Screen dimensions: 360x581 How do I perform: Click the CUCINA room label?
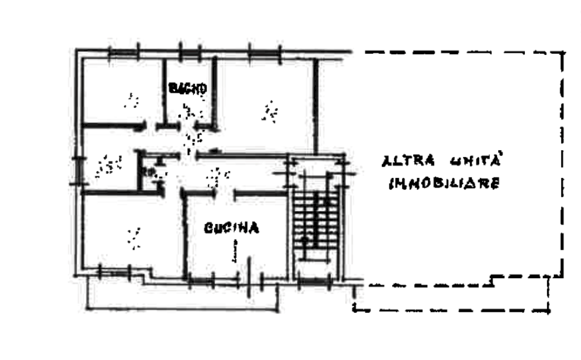(x=231, y=228)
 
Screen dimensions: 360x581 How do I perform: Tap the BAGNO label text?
(x=186, y=88)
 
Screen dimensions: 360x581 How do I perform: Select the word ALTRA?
(x=407, y=160)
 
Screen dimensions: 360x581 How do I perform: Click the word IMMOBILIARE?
(x=444, y=183)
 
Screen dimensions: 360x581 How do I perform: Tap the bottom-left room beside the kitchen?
(x=132, y=232)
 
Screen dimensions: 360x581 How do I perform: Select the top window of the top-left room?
(x=124, y=52)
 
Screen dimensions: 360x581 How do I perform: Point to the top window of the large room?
(x=264, y=52)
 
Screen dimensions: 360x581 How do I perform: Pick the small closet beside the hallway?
(x=151, y=170)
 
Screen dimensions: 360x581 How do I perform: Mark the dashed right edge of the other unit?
(x=562, y=164)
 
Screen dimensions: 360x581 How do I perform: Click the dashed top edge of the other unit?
(x=460, y=52)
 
